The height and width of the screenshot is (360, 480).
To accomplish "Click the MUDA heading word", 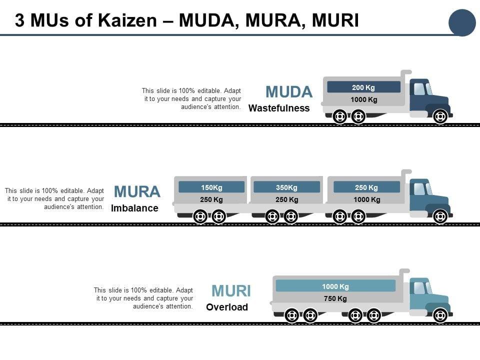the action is pyautogui.click(x=289, y=92).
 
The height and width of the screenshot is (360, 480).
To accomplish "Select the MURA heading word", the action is pyautogui.click(x=137, y=191).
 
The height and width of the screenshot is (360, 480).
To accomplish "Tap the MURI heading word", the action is pyautogui.click(x=231, y=291).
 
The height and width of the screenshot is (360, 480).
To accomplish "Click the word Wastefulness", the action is pyautogui.click(x=279, y=108).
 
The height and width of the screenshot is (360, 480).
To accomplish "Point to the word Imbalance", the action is pyautogui.click(x=134, y=208).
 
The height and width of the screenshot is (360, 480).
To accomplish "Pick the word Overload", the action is pyautogui.click(x=227, y=307).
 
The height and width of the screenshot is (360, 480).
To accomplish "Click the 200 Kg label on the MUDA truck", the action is pyautogui.click(x=363, y=87).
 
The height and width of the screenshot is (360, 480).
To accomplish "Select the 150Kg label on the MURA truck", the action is pyautogui.click(x=211, y=187).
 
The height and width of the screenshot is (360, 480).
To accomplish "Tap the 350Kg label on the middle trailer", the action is pyautogui.click(x=287, y=187).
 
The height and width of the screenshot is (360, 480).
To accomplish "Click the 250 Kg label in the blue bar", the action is pyautogui.click(x=366, y=187).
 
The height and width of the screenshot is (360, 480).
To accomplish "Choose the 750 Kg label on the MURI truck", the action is pyautogui.click(x=335, y=298).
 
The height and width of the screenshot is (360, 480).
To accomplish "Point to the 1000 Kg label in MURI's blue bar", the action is pyautogui.click(x=335, y=286).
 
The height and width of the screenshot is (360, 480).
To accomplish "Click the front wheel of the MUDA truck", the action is pyautogui.click(x=440, y=116).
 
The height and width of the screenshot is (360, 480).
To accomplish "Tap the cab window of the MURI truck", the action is pyautogui.click(x=420, y=288).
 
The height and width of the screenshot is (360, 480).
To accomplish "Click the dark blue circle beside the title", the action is pyautogui.click(x=462, y=22).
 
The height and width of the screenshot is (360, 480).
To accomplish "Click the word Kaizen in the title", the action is pyautogui.click(x=127, y=20).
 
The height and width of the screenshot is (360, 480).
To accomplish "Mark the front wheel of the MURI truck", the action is pyautogui.click(x=440, y=315).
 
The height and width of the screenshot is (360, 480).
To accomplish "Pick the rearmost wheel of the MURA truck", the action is pyautogui.click(x=200, y=216).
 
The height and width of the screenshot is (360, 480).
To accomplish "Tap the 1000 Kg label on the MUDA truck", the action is pyautogui.click(x=364, y=99).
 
